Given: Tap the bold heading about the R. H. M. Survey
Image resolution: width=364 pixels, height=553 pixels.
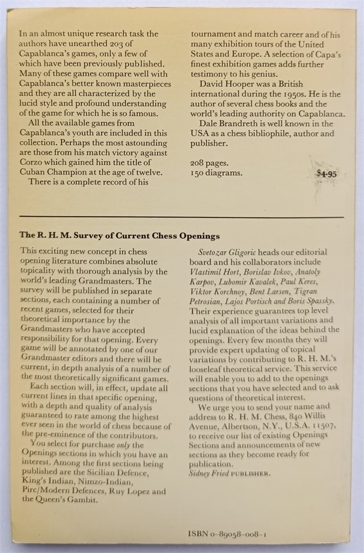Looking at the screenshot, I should [119, 236].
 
